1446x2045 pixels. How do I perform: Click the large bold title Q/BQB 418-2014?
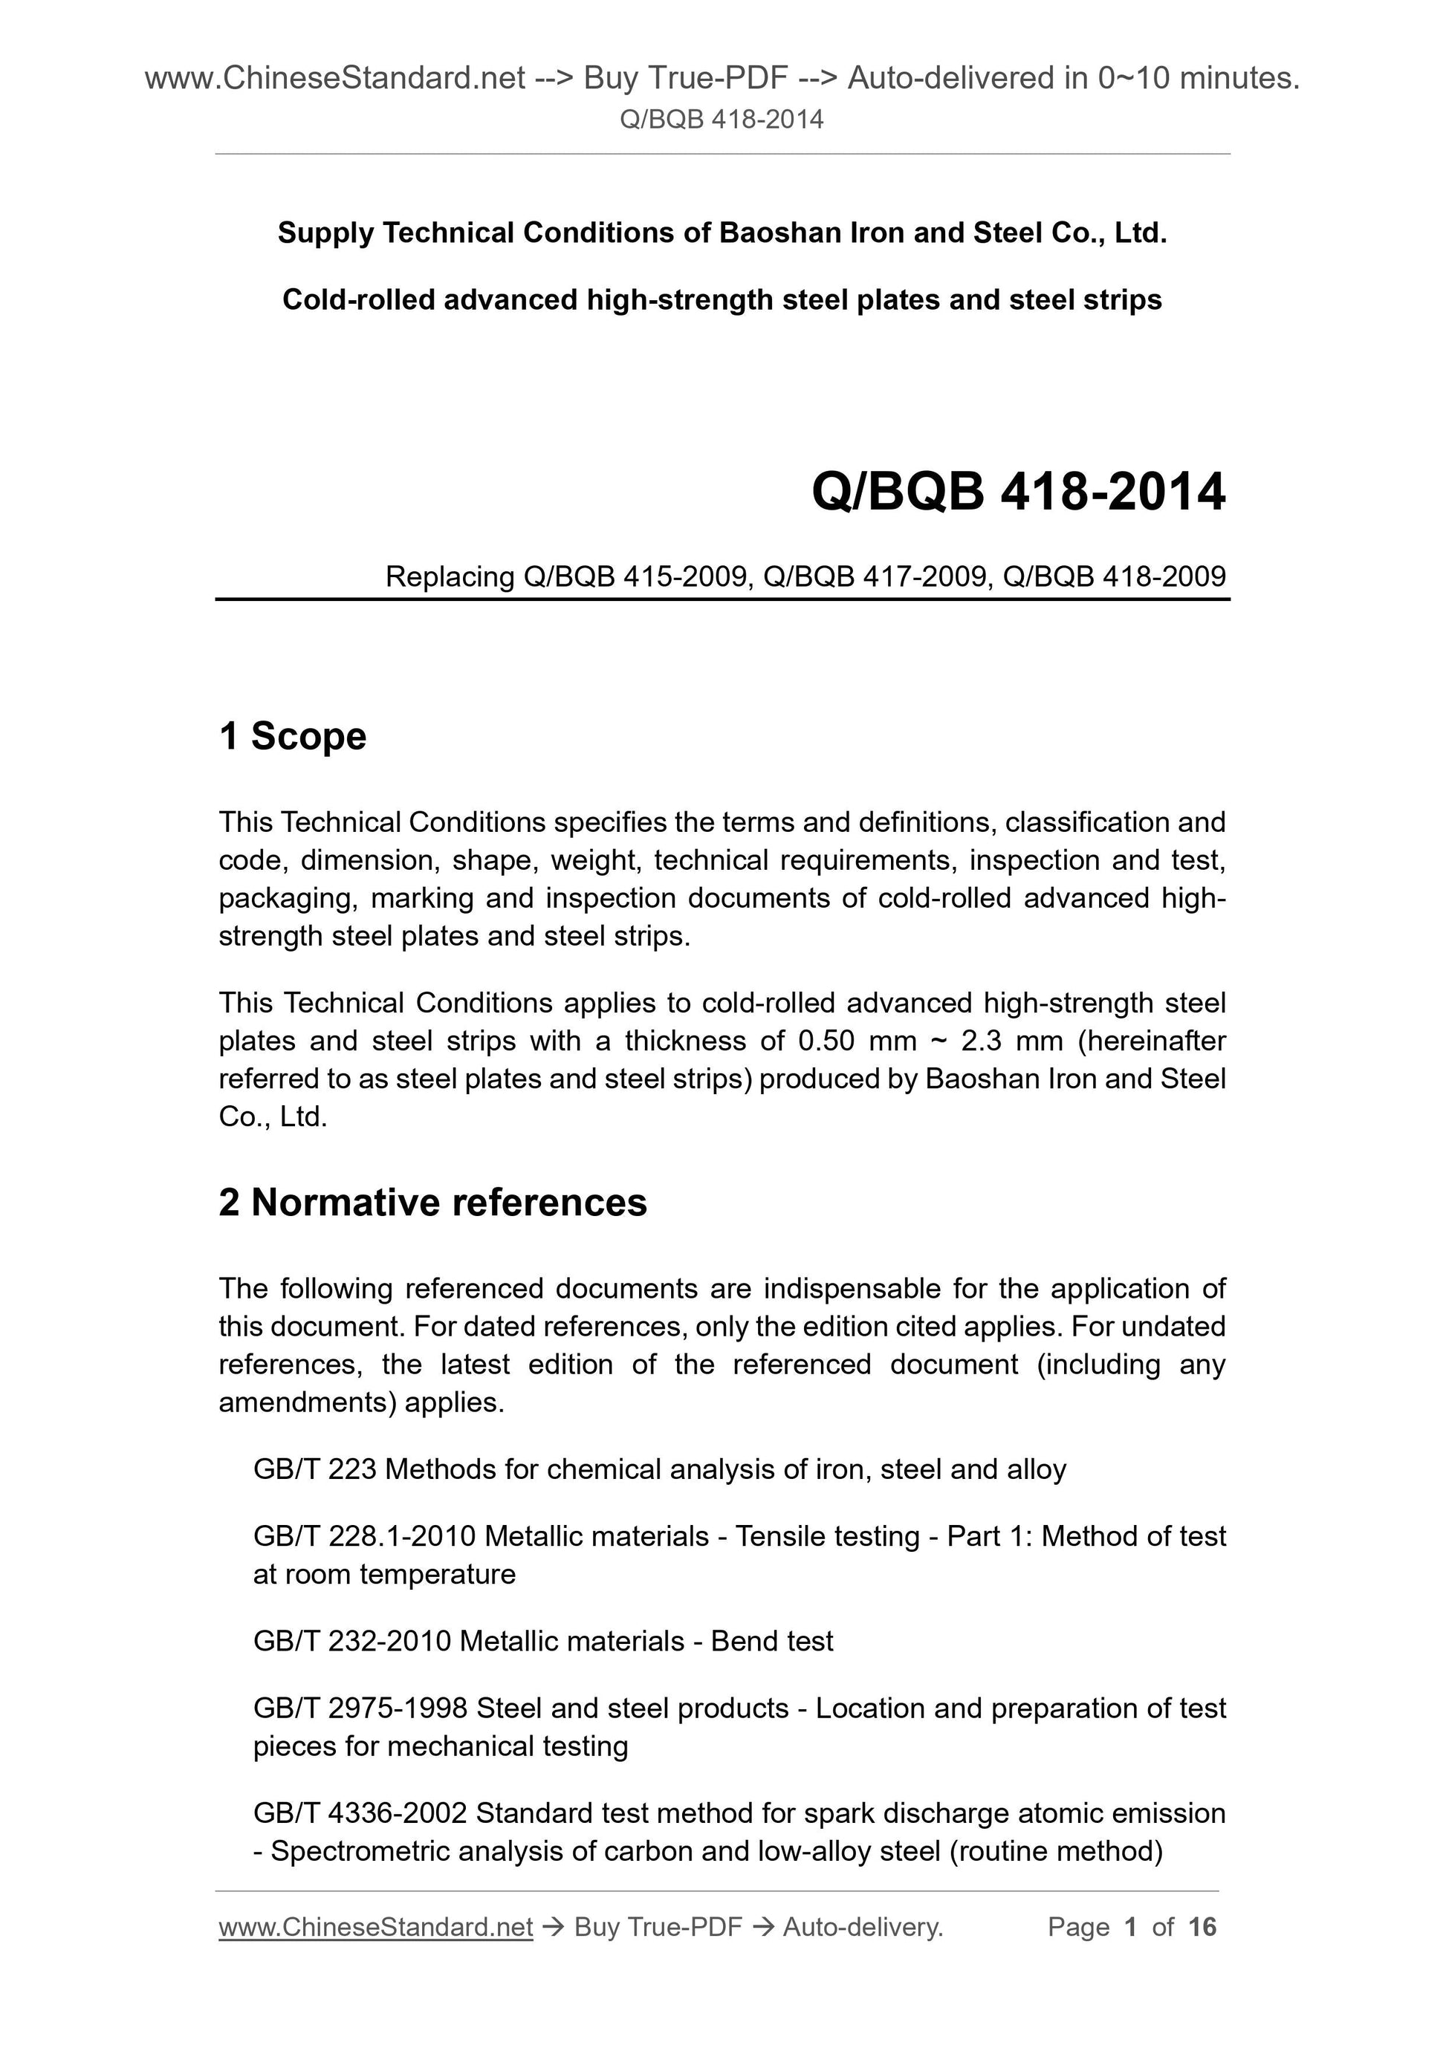[x=1017, y=492]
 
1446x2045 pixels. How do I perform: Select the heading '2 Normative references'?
[x=432, y=1203]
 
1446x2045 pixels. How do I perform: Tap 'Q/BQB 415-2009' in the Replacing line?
[x=635, y=577]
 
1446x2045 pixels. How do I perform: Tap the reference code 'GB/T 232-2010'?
[x=352, y=1641]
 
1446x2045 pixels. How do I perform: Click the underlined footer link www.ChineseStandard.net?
[x=375, y=1928]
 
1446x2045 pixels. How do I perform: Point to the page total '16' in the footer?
[x=1201, y=1928]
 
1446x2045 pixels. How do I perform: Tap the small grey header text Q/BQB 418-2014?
[x=721, y=120]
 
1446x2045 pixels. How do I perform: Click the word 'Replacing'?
[x=450, y=577]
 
